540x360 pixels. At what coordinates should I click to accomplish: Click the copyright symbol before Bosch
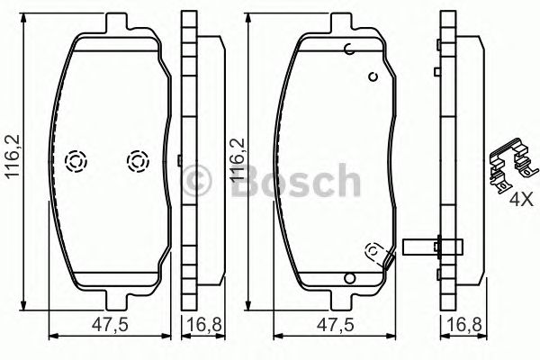tap(197, 179)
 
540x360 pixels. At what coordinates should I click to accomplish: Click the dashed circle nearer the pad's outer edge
tap(76, 161)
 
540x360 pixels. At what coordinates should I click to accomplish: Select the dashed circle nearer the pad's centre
tap(137, 161)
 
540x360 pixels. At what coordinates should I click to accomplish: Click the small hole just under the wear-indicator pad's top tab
tap(348, 49)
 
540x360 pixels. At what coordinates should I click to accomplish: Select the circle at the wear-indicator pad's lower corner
tap(372, 251)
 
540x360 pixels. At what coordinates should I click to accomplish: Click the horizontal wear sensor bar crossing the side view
tap(435, 244)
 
